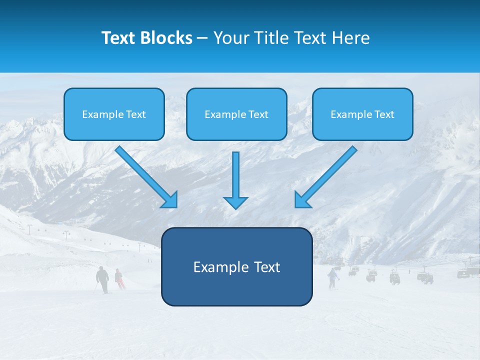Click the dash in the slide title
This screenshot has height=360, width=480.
coord(202,38)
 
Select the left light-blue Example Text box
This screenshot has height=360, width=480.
coord(114,114)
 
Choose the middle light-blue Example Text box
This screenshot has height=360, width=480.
coord(236,114)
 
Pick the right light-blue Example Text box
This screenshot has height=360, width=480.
coord(362,114)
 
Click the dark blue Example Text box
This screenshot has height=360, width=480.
coord(236,266)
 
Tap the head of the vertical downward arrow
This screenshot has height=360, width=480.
coord(235,202)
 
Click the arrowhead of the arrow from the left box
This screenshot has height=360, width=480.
coord(170,200)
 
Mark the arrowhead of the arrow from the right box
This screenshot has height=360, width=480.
coord(302,200)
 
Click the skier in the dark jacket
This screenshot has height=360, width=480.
coord(102,279)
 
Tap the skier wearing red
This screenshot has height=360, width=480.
coord(119,278)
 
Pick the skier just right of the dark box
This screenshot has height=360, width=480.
coord(332,278)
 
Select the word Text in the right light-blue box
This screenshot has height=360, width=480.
coord(384,114)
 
